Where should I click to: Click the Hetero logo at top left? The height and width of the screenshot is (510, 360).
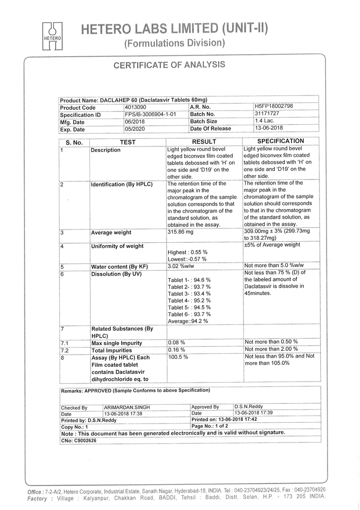(x=52, y=36)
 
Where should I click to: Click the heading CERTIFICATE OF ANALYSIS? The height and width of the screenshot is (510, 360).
(x=169, y=65)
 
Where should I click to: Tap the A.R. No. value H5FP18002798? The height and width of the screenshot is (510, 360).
(x=274, y=106)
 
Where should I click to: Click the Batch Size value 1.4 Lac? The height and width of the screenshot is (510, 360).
(x=265, y=120)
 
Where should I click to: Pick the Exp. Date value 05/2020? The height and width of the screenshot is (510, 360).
(x=135, y=128)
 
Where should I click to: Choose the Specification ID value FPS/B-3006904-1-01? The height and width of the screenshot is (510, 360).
(x=151, y=114)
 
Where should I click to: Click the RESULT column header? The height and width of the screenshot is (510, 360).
(x=204, y=142)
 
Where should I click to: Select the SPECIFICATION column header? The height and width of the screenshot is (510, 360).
(x=281, y=141)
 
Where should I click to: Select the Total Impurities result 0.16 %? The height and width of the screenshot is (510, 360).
(x=176, y=350)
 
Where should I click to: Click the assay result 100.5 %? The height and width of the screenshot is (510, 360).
(x=178, y=357)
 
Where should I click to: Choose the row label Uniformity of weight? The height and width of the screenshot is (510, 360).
(x=117, y=246)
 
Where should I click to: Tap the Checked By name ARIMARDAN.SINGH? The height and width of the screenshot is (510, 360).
(x=124, y=408)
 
